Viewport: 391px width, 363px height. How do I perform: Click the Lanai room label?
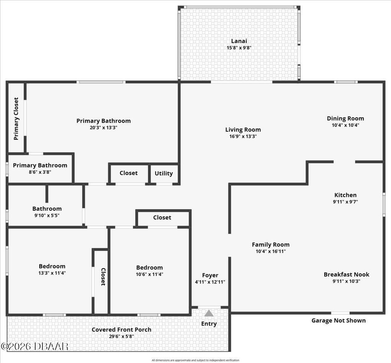coord(239,41)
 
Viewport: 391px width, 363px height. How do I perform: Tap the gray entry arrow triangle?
coord(209,313)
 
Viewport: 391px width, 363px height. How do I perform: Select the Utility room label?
coord(164,174)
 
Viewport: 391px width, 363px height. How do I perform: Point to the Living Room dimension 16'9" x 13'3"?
coord(243,136)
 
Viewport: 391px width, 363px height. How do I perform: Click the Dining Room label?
coord(345,118)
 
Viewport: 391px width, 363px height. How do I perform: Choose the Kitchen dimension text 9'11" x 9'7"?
coord(345,202)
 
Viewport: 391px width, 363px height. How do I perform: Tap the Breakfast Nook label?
coord(346,274)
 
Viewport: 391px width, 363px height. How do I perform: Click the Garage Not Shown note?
coord(338,321)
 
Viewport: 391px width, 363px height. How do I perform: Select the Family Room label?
coord(271,245)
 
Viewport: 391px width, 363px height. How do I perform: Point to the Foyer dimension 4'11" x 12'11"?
coord(210,282)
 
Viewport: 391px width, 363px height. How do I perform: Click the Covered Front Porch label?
coord(122,329)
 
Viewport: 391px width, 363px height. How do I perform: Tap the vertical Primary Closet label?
coord(16,119)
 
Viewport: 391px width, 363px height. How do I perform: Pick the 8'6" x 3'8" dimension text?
coord(40,172)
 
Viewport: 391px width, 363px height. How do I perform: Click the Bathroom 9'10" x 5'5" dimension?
coord(47,215)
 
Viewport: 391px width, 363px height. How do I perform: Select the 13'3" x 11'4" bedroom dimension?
coord(52,273)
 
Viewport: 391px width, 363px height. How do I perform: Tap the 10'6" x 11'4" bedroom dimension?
coord(149,274)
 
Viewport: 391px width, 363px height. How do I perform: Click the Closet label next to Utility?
coord(129,173)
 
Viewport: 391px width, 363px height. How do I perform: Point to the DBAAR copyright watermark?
coord(35,346)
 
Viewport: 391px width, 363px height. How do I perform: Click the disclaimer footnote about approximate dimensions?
coord(195,360)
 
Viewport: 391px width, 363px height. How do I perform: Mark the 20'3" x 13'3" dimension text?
coord(103,128)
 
